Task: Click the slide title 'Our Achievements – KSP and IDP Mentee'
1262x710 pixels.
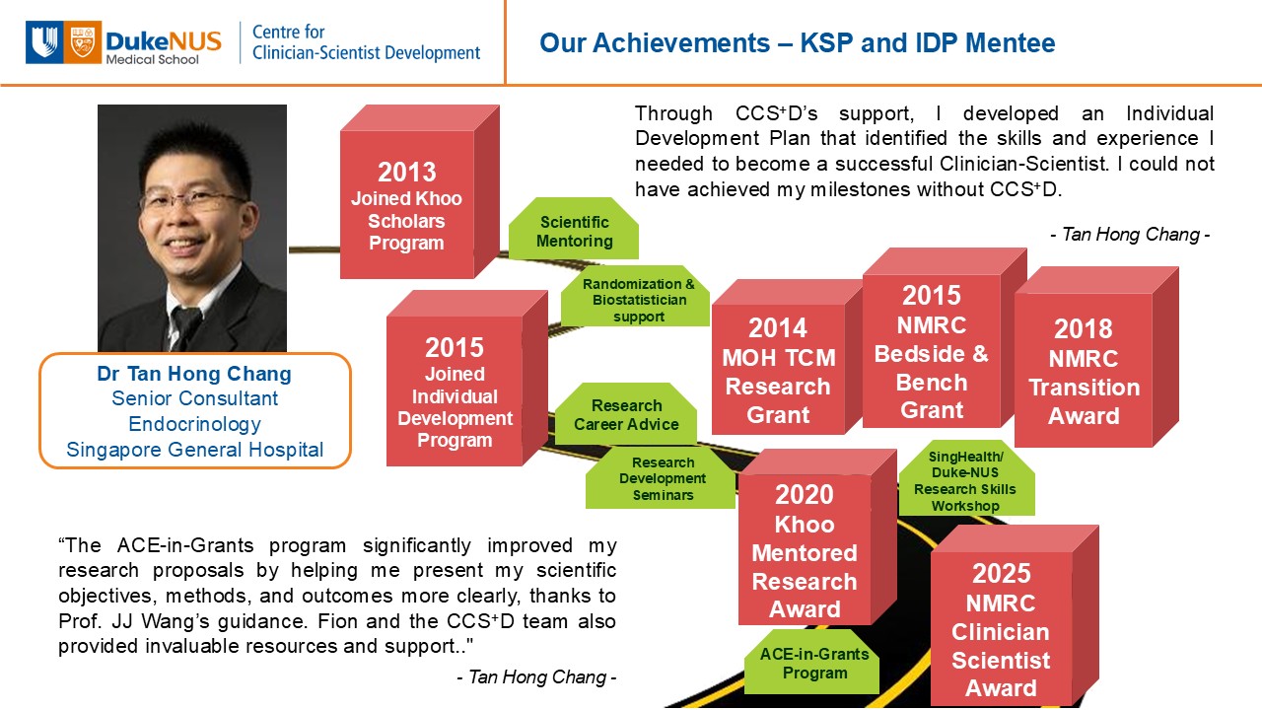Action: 798,42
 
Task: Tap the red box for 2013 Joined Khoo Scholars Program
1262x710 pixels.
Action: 420,191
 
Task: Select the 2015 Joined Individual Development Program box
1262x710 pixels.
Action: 467,378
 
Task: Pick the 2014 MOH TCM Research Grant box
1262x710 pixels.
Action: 787,357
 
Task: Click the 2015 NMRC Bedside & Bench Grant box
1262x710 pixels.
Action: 945,337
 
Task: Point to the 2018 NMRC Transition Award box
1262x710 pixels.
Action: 1096,357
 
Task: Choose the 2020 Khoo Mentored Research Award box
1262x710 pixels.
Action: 817,537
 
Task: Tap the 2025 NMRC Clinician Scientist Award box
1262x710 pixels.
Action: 1015,616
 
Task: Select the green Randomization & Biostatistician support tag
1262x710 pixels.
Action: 636,296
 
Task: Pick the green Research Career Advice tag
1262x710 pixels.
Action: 626,413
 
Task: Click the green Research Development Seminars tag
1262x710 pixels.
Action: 661,478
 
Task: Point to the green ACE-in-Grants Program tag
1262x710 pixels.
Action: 811,662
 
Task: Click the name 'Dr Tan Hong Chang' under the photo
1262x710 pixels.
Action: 194,373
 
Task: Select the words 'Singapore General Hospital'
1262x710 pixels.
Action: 195,450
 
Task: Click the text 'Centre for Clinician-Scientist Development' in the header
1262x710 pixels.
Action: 366,42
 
